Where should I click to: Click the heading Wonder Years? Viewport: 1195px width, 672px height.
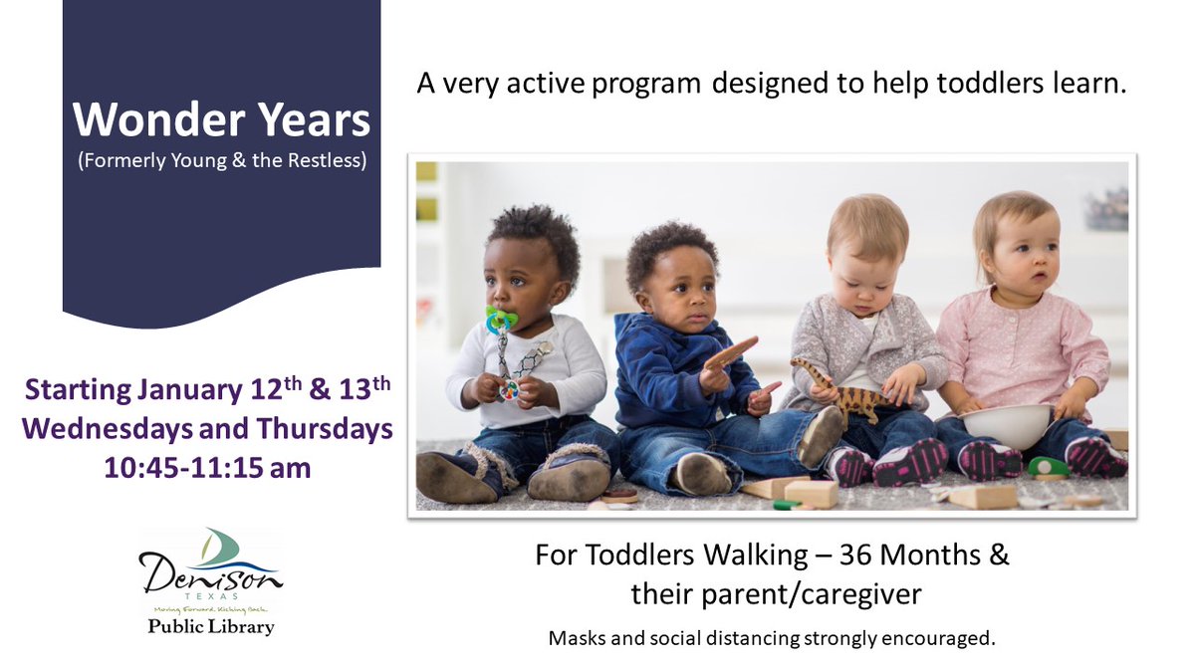pyautogui.click(x=221, y=120)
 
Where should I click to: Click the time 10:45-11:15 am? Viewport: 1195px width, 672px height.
pyautogui.click(x=207, y=467)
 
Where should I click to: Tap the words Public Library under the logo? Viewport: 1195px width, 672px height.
pyautogui.click(x=210, y=627)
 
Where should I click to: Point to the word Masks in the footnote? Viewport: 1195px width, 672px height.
pyautogui.click(x=576, y=637)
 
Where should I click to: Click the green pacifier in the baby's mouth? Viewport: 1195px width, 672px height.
pyautogui.click(x=502, y=321)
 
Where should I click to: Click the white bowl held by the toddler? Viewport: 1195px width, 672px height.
pyautogui.click(x=1007, y=422)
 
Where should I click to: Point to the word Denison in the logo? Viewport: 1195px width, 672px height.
pyautogui.click(x=210, y=576)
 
